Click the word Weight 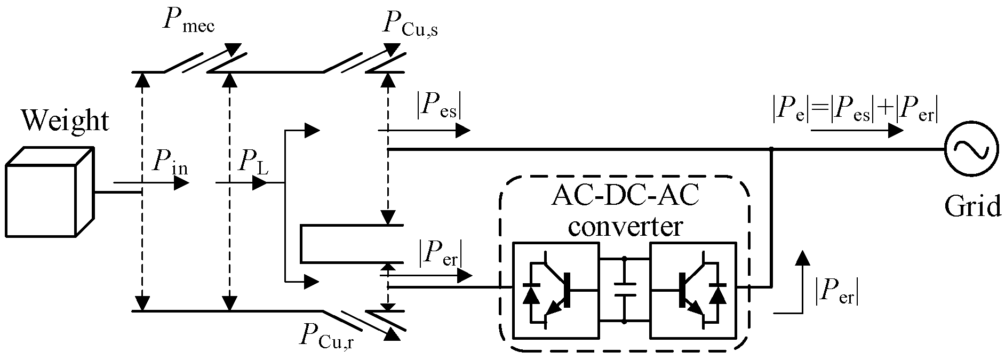(x=66, y=121)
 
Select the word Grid (x=972, y=207)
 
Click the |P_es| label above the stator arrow (x=438, y=108)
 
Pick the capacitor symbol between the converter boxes (x=624, y=291)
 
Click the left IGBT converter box (x=555, y=291)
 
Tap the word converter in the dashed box (x=625, y=227)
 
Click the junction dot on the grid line (x=771, y=150)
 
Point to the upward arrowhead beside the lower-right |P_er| (x=801, y=258)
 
